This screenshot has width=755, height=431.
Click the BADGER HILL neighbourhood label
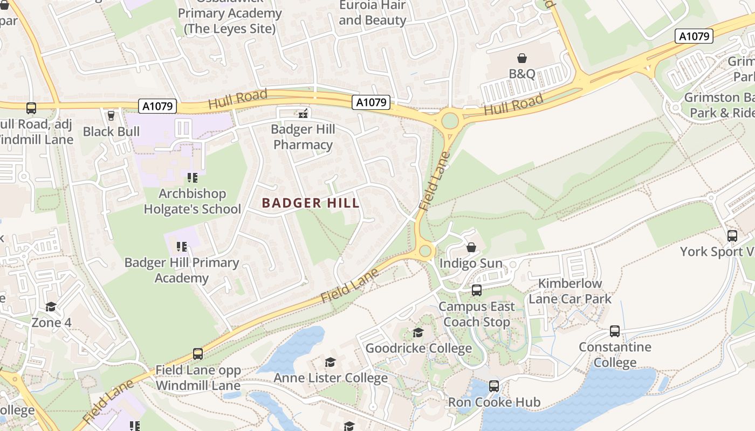click(310, 203)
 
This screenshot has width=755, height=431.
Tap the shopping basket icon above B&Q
click(521, 58)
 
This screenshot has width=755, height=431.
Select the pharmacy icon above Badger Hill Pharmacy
click(303, 114)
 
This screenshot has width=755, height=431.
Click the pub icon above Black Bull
click(111, 116)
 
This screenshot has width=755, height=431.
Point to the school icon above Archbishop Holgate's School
click(192, 177)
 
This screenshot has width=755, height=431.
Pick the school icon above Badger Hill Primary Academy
click(181, 247)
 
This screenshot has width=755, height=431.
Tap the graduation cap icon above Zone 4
click(51, 307)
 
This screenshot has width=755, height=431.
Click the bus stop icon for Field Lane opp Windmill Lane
click(198, 354)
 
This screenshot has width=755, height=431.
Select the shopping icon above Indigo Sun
click(471, 247)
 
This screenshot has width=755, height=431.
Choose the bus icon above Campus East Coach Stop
click(476, 290)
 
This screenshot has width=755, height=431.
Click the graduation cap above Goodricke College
click(418, 332)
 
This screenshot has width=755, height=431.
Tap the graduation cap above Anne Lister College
click(330, 362)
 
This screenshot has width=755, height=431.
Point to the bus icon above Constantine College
click(615, 331)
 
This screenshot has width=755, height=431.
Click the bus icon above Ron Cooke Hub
click(493, 386)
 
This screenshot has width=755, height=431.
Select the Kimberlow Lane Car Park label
click(570, 291)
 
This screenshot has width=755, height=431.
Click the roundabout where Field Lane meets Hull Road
click(449, 121)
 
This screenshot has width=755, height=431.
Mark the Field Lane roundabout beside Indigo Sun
click(425, 251)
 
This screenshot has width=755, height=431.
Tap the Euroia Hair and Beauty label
click(372, 13)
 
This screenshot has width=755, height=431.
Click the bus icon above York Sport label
click(732, 235)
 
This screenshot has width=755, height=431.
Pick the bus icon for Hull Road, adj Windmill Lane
click(31, 108)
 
